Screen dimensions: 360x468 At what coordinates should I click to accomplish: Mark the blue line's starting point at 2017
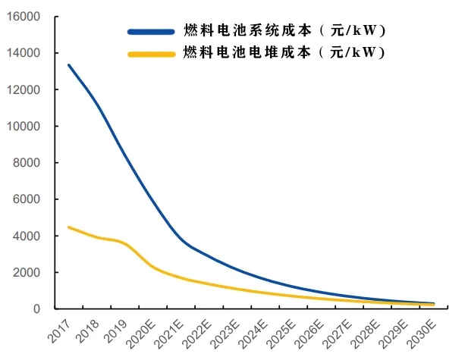(x=68, y=65)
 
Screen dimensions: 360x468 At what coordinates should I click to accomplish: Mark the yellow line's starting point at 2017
(x=68, y=227)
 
